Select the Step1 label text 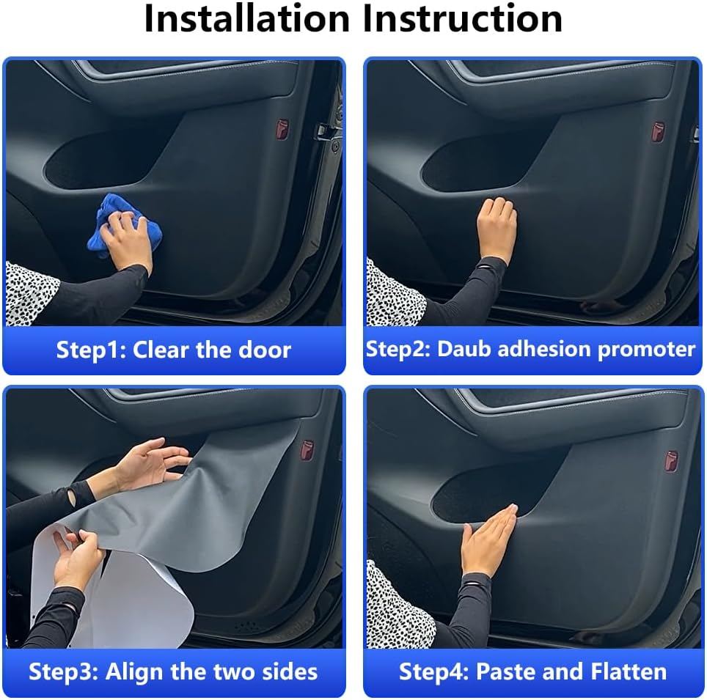pos(90,350)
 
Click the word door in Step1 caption pos(265,350)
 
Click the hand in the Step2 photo pos(497,227)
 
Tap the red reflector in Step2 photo pos(658,131)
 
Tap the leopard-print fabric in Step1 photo pos(29,293)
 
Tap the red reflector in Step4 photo pos(671,461)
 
